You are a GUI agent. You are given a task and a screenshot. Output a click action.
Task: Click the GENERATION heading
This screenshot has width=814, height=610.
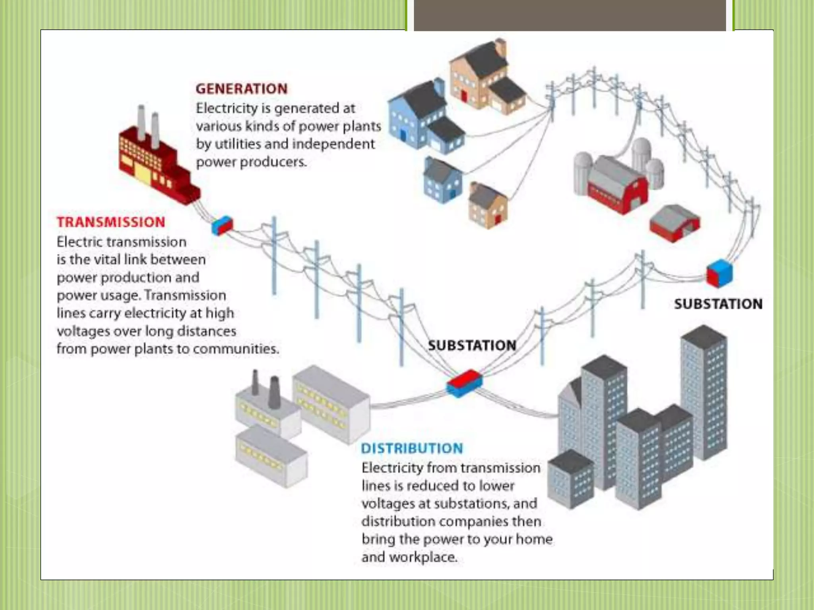241,89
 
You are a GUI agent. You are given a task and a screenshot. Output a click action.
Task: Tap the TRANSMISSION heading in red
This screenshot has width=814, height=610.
111,222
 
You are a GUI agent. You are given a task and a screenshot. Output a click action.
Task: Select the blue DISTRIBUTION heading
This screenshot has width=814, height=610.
412,448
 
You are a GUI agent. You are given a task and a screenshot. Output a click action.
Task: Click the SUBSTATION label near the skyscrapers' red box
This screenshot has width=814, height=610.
472,345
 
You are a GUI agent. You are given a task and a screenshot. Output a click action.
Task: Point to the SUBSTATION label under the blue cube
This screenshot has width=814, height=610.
718,304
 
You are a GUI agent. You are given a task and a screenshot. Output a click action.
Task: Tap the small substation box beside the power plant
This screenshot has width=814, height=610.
222,226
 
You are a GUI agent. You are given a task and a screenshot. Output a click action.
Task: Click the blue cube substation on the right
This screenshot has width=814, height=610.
719,273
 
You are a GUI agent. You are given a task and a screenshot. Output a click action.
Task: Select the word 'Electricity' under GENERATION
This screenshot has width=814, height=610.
227,108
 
